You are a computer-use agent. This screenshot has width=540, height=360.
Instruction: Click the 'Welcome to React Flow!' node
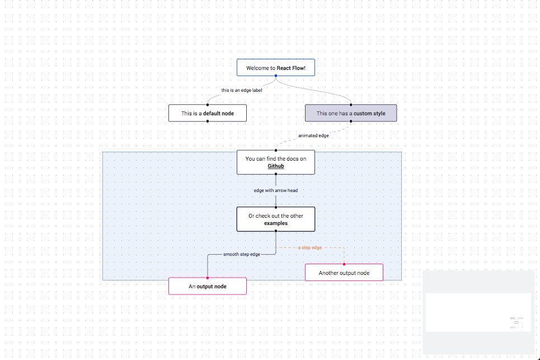pos(275,68)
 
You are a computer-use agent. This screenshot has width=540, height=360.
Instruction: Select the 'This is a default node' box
pos(208,113)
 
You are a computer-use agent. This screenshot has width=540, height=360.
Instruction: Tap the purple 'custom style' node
pos(351,113)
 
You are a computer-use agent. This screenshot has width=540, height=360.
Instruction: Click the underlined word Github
pos(275,166)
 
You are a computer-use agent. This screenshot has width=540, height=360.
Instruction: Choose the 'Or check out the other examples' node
pos(275,219)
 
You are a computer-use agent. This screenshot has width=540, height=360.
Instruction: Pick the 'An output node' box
pos(208,286)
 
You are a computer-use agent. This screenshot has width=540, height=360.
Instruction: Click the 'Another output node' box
pos(344,273)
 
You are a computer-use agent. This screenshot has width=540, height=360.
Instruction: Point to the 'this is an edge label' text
pos(242,90)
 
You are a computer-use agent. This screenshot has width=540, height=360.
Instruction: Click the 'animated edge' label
pos(313,135)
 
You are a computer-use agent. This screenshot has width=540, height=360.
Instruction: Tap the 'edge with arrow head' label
pos(275,190)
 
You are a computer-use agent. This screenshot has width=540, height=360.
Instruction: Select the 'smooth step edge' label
pos(242,254)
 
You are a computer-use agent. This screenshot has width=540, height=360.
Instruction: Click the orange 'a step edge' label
pos(310,247)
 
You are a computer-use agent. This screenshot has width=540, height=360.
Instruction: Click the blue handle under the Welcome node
pos(276,76)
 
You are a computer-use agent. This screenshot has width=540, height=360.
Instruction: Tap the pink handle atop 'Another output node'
pos(344,264)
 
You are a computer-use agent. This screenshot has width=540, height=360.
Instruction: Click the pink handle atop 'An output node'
pos(208,278)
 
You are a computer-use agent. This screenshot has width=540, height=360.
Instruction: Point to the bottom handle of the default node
pos(208,121)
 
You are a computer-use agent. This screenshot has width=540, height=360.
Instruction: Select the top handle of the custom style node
pos(351,105)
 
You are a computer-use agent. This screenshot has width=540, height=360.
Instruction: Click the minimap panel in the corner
pos(478,312)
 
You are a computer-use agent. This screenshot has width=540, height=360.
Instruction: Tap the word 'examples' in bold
pos(276,223)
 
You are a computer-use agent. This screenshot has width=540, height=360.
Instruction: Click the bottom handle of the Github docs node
pos(276,175)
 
